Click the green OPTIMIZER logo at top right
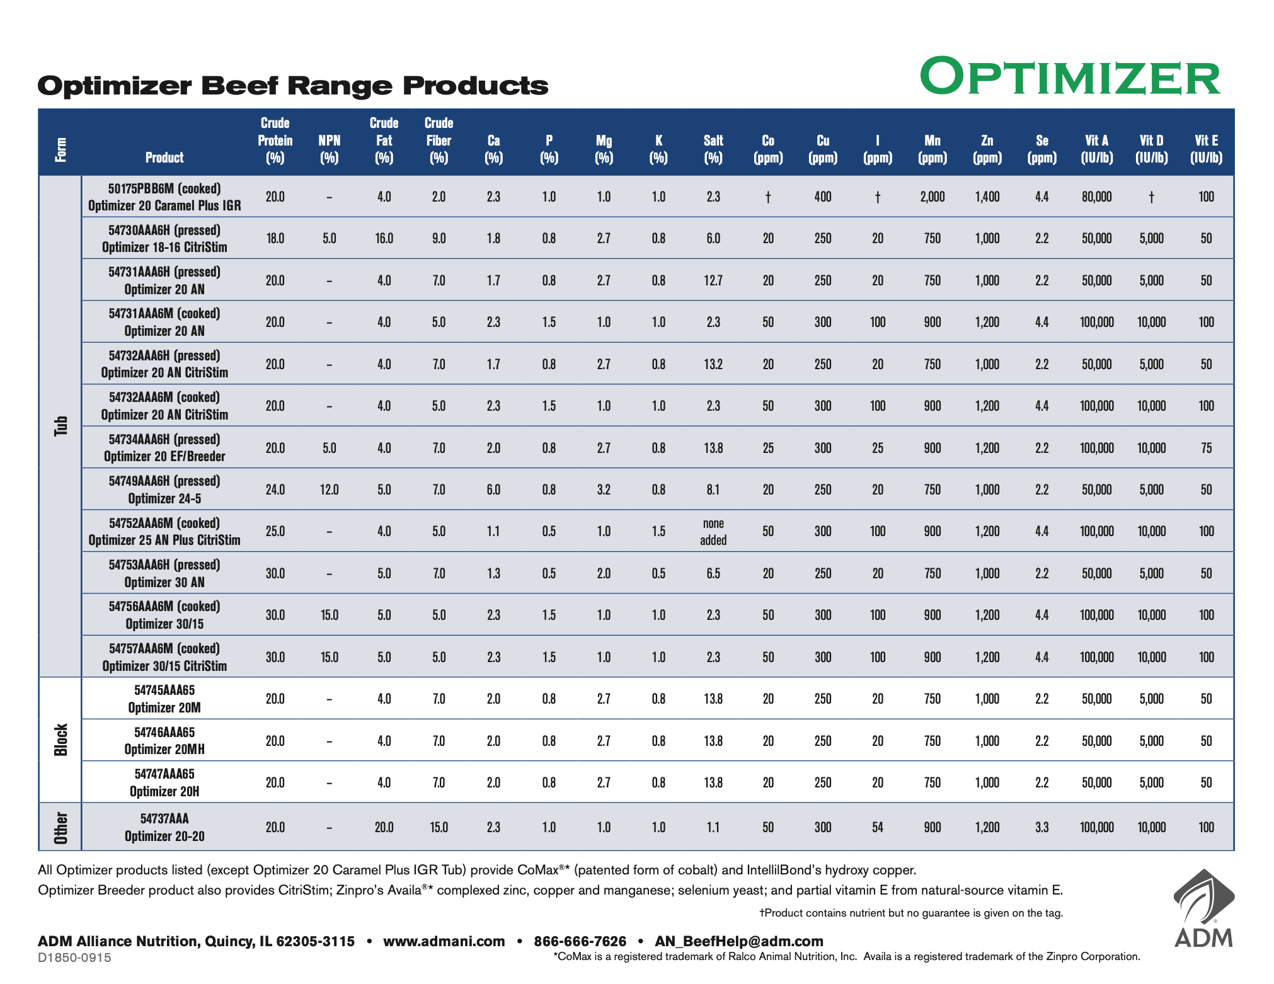[1070, 77]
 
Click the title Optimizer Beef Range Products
[293, 86]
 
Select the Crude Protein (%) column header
[275, 140]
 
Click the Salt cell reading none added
[713, 532]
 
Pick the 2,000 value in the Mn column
[932, 197]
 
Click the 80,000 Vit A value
[1096, 197]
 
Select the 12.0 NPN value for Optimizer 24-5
[330, 489]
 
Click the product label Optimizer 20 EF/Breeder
[164, 456]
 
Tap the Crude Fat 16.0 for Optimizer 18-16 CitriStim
[384, 238]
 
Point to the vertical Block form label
[60, 740]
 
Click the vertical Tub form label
[60, 426]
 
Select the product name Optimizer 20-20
[164, 836]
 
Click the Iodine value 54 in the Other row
[878, 827]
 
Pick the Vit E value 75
[1206, 448]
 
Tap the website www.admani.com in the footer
[444, 941]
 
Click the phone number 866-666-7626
[580, 941]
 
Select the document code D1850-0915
[74, 958]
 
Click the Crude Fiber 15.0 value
[439, 827]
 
